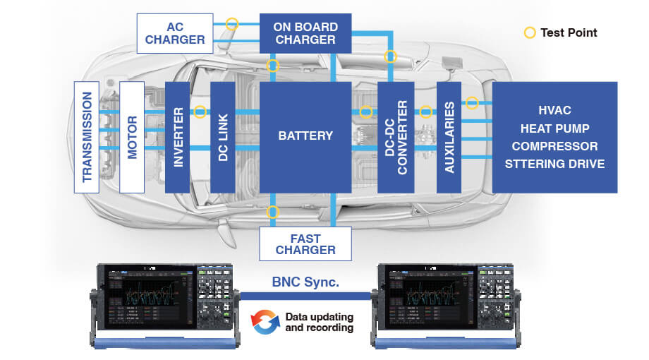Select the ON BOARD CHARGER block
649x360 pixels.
pos(305,33)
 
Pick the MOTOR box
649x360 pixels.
pos(132,138)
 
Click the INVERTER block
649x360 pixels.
pos(177,138)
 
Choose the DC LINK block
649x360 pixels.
pos(222,138)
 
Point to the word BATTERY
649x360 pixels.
pos(305,136)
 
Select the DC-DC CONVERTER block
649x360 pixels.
pos(395,138)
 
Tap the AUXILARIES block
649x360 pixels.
pos(449,138)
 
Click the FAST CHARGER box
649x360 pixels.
pos(305,244)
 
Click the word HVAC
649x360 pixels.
pos(554,111)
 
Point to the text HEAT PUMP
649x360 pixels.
pos(554,128)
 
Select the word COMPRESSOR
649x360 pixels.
pos(554,147)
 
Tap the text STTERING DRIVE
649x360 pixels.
pos(554,164)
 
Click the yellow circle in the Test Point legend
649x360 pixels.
pos(529,32)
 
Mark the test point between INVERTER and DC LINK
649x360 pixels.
pos(200,112)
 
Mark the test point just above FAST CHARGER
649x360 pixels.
pos(273,211)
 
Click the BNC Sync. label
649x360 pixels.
pos(305,282)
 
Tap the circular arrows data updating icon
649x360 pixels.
pos(265,321)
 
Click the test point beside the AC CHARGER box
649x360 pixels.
pos(231,23)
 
